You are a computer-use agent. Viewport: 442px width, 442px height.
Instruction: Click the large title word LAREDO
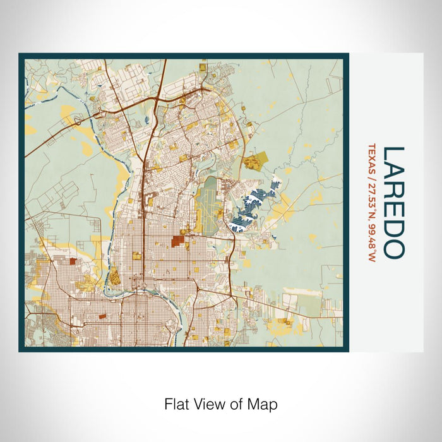(393, 202)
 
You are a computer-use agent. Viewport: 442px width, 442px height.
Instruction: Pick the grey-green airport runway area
(208, 202)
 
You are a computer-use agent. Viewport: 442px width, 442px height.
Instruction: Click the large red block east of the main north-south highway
(177, 241)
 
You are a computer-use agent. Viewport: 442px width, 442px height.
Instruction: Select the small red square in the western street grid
(72, 261)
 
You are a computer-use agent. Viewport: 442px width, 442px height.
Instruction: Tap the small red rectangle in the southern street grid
(101, 314)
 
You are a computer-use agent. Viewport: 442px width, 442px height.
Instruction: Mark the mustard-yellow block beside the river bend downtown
(114, 275)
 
